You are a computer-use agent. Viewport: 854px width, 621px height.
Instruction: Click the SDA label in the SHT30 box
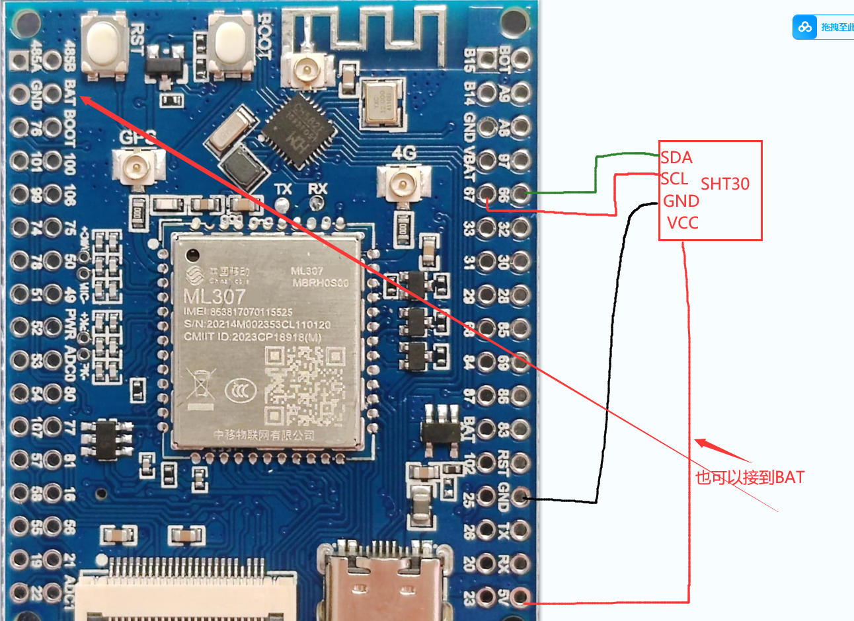click(x=676, y=157)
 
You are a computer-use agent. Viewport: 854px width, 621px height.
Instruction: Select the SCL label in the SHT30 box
click(x=675, y=178)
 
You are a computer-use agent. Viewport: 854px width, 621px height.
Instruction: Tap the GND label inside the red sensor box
click(x=681, y=201)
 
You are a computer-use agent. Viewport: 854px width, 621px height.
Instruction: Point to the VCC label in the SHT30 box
click(x=682, y=223)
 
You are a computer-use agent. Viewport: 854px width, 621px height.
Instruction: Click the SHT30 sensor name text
click(x=725, y=184)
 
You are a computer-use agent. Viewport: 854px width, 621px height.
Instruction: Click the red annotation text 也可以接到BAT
click(x=750, y=477)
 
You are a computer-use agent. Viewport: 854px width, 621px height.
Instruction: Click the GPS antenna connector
click(x=138, y=166)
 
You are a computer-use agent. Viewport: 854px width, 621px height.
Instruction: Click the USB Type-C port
click(x=382, y=581)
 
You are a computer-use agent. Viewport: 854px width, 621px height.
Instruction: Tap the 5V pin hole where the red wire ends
click(x=521, y=597)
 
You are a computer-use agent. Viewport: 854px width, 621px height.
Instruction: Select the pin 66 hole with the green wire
click(x=521, y=194)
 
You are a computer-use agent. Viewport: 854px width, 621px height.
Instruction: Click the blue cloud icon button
click(x=805, y=27)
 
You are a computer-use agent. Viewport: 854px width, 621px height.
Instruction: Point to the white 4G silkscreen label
click(x=404, y=153)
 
